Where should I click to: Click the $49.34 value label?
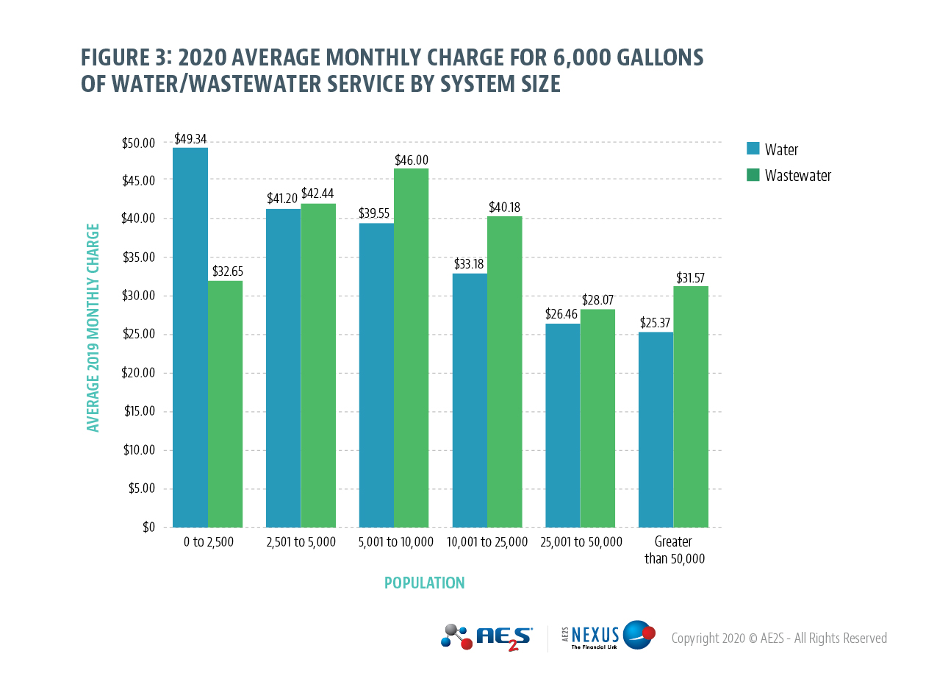(190, 138)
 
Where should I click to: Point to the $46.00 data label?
(412, 160)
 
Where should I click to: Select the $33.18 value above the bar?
(469, 264)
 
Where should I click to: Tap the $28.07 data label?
(598, 300)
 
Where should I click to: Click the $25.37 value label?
(656, 323)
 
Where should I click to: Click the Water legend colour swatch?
(753, 149)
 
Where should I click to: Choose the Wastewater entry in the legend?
(797, 175)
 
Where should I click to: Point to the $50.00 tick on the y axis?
(139, 143)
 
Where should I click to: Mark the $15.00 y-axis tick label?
(139, 411)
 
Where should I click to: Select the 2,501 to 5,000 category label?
(301, 542)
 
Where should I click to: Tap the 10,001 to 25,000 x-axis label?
(487, 542)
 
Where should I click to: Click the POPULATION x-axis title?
(424, 583)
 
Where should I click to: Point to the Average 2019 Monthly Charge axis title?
(93, 327)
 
